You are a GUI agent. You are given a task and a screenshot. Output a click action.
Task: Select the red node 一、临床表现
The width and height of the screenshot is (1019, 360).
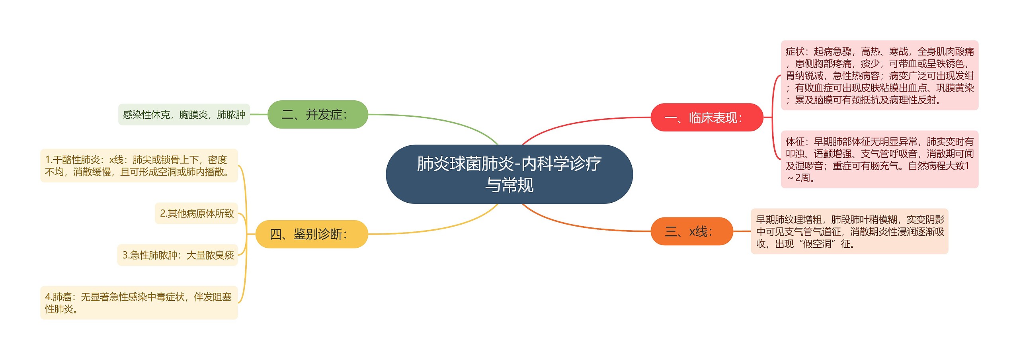pos(707,117)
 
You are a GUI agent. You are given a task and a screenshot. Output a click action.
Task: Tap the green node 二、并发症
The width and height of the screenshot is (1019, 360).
pos(317,115)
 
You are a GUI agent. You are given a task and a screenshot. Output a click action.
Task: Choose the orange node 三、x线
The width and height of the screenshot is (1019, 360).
pos(691,231)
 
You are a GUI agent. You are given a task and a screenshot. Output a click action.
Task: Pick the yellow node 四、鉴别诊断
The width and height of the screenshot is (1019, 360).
pos(311,234)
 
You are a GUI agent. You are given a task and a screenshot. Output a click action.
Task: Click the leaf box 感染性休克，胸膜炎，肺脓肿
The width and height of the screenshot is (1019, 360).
pos(184,115)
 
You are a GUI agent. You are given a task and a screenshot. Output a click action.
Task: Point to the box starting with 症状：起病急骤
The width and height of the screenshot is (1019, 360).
pos(879,75)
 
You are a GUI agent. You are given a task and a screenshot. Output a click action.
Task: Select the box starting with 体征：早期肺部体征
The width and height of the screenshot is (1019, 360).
pos(879,159)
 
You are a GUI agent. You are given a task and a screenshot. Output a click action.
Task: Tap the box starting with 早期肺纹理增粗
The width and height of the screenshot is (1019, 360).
pos(849,231)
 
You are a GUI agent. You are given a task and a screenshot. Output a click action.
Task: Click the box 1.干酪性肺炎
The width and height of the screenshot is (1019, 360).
pos(139,166)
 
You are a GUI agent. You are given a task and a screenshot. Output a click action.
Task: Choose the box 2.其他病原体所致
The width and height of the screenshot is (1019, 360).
pos(197,213)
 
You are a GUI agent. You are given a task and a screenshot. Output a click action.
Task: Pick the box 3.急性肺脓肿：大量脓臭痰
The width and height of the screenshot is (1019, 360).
pos(178,255)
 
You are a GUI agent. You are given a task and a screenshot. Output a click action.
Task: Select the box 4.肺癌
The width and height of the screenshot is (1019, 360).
pos(139,303)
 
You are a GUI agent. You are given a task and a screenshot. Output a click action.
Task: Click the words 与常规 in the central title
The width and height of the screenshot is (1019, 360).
pos(509,185)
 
